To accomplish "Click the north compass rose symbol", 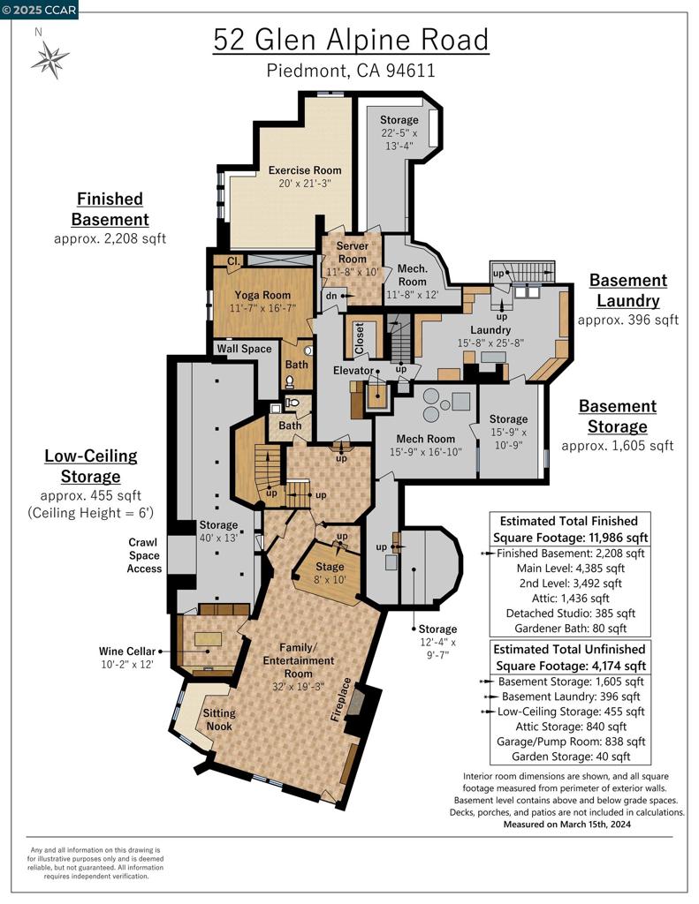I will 49,60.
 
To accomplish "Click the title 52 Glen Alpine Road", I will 350,41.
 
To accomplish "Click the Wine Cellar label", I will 127,657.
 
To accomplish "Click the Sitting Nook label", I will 219,719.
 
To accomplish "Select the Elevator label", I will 353,371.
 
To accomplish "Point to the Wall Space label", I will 245,349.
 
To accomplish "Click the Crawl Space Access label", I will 144,555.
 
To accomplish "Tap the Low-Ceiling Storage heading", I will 91,466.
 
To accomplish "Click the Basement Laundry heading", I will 627,290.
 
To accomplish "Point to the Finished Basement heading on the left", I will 110,209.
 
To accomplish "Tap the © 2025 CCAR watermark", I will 40,10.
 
